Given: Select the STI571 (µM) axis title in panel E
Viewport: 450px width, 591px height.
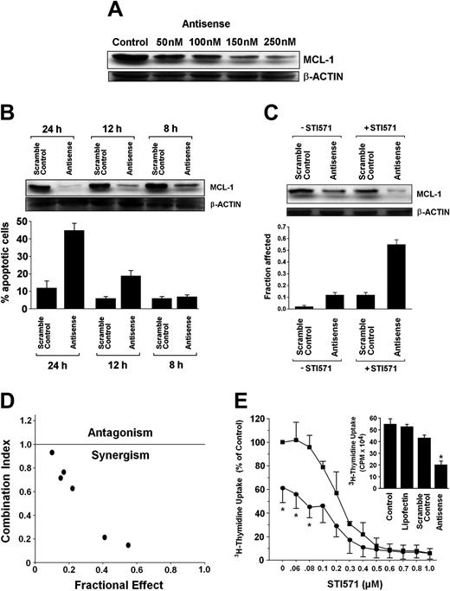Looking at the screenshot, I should click(354, 583).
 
